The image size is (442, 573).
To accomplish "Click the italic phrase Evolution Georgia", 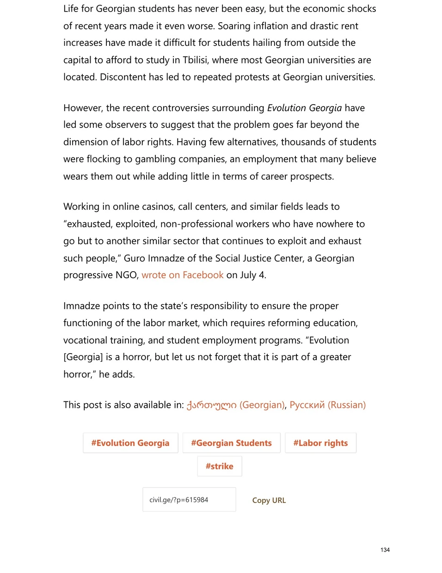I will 304,108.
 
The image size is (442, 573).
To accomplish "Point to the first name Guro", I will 134,258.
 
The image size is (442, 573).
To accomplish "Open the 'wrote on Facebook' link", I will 183,275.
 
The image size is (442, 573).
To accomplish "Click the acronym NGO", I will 126,275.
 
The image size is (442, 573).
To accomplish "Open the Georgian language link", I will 235,405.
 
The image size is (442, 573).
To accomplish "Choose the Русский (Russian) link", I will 327,405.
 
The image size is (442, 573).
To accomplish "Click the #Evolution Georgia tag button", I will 130,443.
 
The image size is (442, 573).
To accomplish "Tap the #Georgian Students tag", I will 231,443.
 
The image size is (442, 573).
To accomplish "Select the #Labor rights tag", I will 320,443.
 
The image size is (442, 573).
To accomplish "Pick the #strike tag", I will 220,467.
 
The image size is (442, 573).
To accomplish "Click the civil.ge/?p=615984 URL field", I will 189,500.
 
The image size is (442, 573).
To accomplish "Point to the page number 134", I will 385,550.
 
